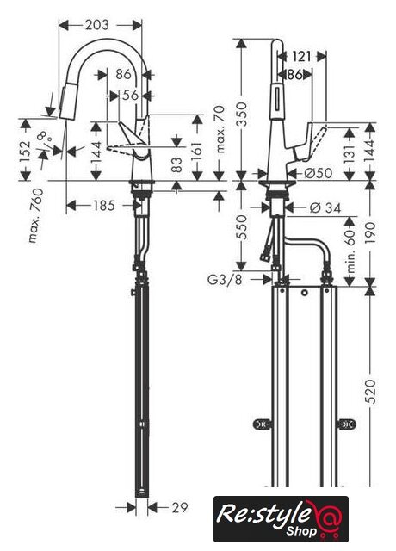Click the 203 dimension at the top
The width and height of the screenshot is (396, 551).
[x=97, y=25]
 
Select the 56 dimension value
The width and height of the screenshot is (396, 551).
[x=130, y=95]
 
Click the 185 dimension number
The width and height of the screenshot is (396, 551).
[x=104, y=206]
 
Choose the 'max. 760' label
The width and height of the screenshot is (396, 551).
[x=36, y=216]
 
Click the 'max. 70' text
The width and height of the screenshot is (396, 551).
[x=220, y=130]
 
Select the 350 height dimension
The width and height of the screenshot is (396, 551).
[x=242, y=115]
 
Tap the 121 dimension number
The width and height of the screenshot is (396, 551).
[x=301, y=56]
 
